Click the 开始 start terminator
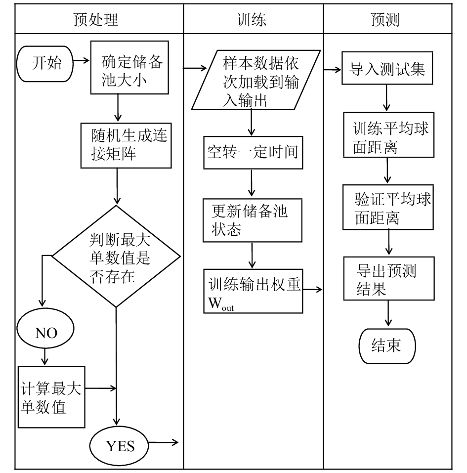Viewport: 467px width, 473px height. [x=45, y=64]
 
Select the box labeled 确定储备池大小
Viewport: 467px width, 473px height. [x=129, y=68]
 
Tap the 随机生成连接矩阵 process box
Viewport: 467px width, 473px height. [x=126, y=145]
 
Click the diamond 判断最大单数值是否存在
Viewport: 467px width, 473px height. [x=116, y=257]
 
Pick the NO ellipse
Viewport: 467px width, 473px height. [x=45, y=329]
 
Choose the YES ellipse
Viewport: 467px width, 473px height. [x=119, y=446]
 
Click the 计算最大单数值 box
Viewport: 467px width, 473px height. [x=51, y=397]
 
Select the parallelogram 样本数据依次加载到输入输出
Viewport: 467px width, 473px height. [x=256, y=80]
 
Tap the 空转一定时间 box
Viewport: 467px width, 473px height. [x=253, y=152]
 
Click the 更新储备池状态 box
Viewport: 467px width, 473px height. [x=253, y=220]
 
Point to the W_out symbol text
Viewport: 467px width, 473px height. [x=221, y=303]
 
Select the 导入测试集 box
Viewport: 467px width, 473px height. [x=387, y=68]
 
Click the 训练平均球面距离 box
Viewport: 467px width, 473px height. [x=389, y=135]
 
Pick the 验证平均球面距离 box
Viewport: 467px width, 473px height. [x=388, y=207]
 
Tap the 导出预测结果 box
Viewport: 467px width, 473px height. [x=389, y=278]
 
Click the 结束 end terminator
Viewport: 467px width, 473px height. [x=387, y=346]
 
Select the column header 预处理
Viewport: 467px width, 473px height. [x=95, y=20]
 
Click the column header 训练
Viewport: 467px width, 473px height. [x=252, y=20]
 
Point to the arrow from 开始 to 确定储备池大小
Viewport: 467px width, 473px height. [x=82, y=61]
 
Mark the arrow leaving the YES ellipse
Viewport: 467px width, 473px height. [x=164, y=442]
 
